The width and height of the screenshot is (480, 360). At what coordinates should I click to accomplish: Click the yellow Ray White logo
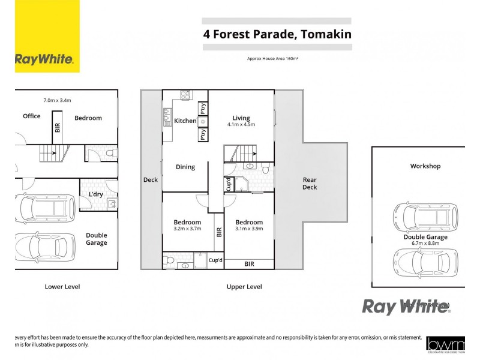[x=47, y=37]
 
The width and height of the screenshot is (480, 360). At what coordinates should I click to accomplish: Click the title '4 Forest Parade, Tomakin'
[x=277, y=34]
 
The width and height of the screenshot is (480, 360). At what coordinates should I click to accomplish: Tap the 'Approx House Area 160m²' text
[x=273, y=59]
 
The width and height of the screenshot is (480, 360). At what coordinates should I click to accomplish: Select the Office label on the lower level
[x=32, y=116]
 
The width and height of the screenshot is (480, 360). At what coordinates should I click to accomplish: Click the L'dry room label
[x=95, y=194]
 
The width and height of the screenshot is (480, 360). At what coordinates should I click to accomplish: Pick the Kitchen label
[x=185, y=121]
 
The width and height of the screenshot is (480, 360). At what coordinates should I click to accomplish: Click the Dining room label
[x=185, y=167]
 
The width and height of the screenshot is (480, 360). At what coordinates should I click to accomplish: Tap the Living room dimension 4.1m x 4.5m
[x=241, y=125]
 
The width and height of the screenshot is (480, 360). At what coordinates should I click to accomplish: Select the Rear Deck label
[x=310, y=183]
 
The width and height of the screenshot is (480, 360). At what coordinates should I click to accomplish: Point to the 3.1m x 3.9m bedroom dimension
[x=249, y=229]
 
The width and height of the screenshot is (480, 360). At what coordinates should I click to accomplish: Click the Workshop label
[x=425, y=166]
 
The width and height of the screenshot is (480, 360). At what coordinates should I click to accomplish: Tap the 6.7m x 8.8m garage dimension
[x=425, y=244]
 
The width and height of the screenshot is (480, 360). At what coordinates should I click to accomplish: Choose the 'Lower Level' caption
[x=62, y=287]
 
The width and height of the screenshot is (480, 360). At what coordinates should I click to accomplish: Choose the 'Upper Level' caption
[x=244, y=287]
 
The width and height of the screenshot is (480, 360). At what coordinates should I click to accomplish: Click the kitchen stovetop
[x=185, y=95]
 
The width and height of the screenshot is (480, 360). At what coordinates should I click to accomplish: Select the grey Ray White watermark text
[x=406, y=307]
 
